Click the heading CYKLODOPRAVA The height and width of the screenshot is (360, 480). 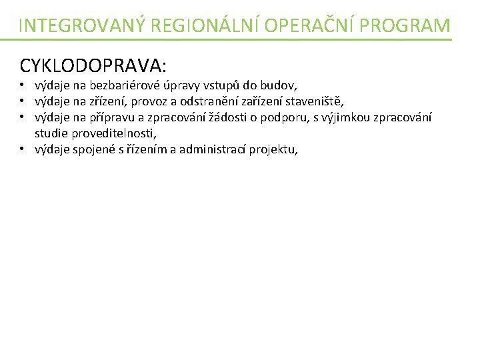93,65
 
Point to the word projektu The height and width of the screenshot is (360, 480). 273,149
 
